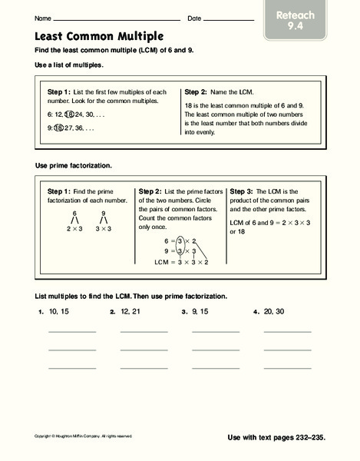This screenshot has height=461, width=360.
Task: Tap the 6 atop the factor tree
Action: (74, 213)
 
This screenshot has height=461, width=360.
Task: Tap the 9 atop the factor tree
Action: (103, 213)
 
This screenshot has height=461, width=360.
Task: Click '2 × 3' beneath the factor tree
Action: (74, 229)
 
